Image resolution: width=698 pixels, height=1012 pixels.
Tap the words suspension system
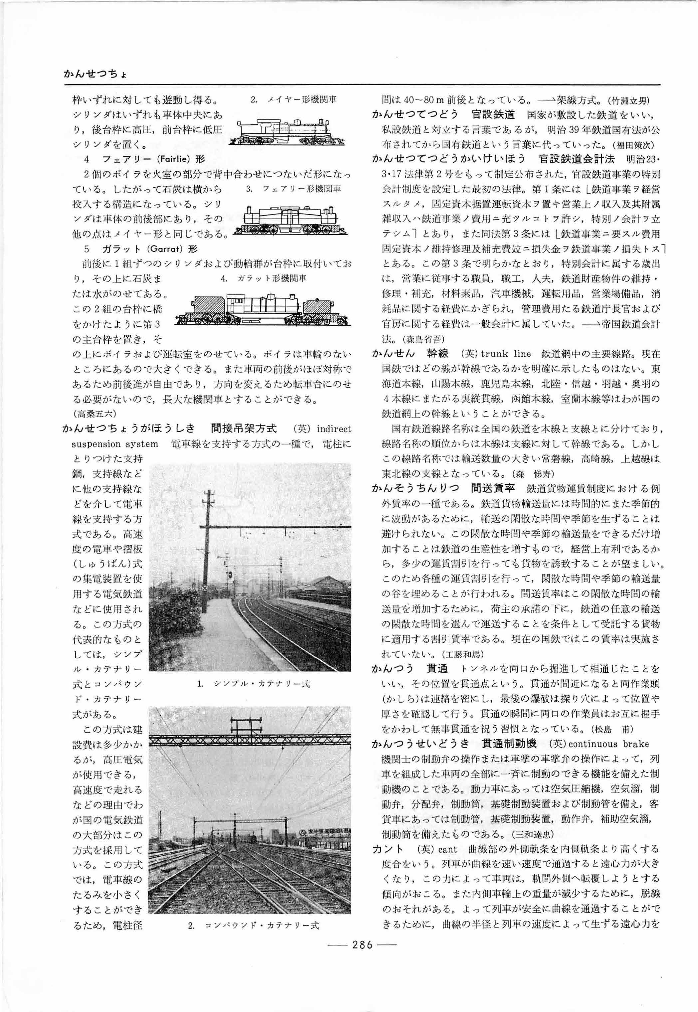(x=115, y=444)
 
